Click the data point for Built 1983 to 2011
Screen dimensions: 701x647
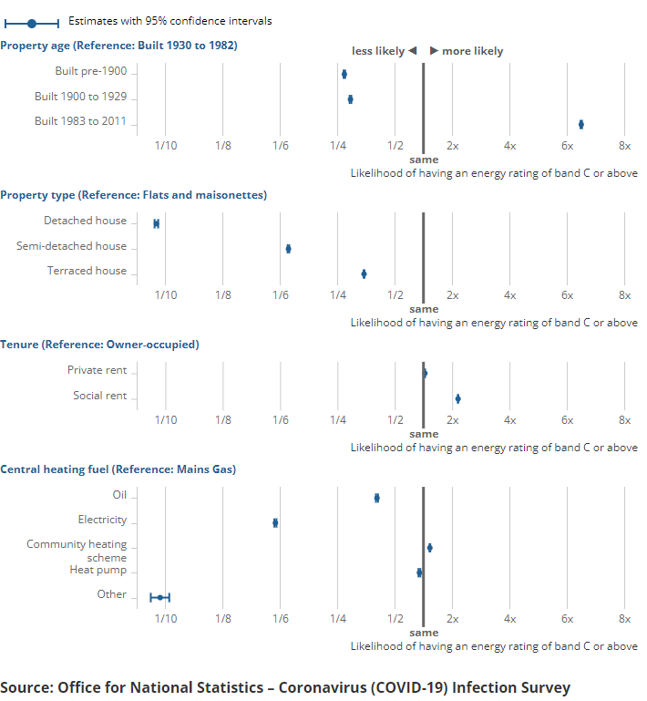coord(580,124)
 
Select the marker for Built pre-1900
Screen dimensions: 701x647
coord(344,74)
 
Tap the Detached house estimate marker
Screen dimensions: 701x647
coord(156,223)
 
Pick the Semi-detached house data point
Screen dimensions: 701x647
coord(288,248)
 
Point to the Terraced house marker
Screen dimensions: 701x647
coord(364,273)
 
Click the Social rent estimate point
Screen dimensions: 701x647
coord(457,398)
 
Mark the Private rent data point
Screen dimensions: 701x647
coord(425,373)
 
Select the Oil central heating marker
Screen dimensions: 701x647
coord(376,498)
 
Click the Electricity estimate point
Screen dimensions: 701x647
coord(275,522)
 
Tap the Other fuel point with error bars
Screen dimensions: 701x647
coord(159,597)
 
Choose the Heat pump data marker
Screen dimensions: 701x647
coord(419,572)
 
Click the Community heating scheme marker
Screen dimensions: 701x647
coord(429,548)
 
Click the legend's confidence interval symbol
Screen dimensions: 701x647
coord(32,21)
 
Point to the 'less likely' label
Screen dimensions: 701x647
coord(378,51)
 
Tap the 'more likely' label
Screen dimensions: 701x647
coord(472,51)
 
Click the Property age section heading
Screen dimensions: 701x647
coord(118,45)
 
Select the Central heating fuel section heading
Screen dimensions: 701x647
coord(118,469)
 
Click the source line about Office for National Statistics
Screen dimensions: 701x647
coord(285,686)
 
